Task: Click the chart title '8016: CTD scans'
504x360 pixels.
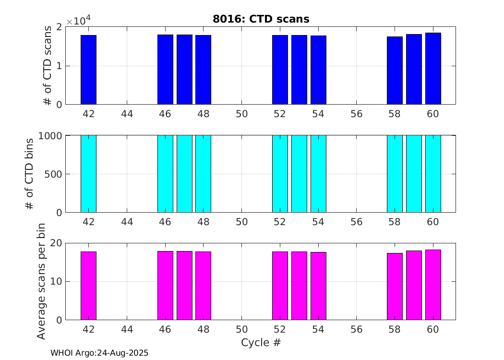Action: tap(261, 19)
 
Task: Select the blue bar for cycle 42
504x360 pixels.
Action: tap(88, 70)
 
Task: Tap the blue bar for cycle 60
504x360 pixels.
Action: tap(433, 69)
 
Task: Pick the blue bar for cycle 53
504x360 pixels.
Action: tap(299, 70)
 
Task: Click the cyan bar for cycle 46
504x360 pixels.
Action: tap(165, 174)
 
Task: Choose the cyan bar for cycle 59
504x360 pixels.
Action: tap(414, 174)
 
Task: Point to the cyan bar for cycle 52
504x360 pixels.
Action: tap(280, 174)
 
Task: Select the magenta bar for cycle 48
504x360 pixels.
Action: tap(203, 286)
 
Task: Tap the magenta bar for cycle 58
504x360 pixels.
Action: tap(395, 286)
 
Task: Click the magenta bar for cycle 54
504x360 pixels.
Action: tap(318, 286)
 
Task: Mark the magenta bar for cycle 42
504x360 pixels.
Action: tap(88, 286)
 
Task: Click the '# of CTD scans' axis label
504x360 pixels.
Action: tap(47, 66)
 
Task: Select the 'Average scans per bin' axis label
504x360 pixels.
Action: tap(41, 281)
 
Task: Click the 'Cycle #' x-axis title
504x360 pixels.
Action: tap(261, 343)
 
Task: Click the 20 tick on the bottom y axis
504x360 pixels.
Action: tap(57, 243)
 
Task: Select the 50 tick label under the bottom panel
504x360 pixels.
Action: tap(241, 330)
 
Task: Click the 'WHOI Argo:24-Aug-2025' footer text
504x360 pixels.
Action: tap(99, 353)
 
